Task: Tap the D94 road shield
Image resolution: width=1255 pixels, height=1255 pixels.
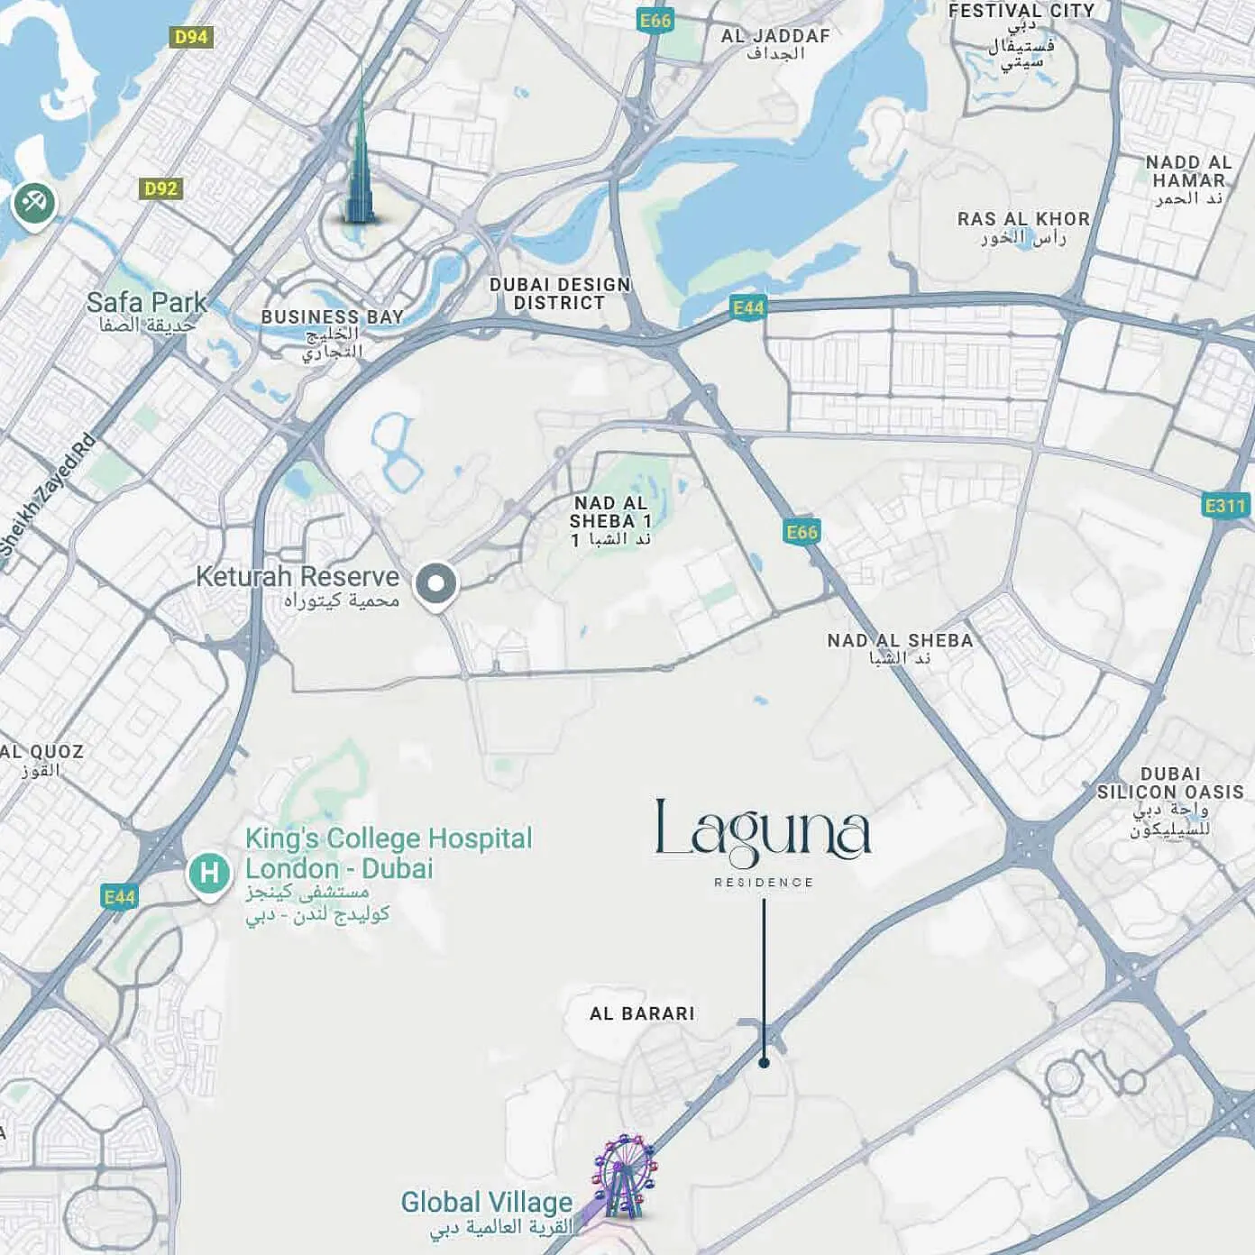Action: coord(191,37)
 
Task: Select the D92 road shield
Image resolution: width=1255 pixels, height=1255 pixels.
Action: coord(161,188)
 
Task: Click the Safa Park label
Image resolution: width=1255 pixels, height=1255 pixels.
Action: coord(147,303)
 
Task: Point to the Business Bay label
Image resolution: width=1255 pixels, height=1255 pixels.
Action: coord(332,317)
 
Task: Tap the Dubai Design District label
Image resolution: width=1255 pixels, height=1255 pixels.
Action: coord(560,294)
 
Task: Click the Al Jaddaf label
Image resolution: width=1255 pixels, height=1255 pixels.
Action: coord(775,37)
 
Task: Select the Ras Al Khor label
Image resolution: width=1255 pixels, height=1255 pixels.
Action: coord(1023,219)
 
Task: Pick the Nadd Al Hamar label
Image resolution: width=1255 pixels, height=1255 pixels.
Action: coord(1188,171)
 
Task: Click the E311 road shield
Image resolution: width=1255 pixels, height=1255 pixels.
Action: coord(1225,506)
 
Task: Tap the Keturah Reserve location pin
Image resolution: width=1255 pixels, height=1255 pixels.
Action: coord(436,583)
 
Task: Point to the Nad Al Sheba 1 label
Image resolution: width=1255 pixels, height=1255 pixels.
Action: coord(610,512)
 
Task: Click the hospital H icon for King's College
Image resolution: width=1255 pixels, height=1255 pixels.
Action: coord(209,873)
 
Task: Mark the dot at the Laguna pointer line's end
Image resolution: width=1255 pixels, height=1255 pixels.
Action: coord(764,1063)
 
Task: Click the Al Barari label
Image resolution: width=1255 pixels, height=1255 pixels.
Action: coord(642,1013)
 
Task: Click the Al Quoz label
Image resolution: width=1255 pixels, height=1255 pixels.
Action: coord(41,752)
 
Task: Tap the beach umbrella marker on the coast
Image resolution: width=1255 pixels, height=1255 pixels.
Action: coord(34,203)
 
